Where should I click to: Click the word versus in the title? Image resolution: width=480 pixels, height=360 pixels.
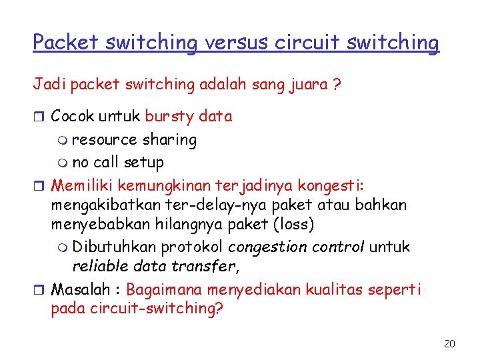click(235, 43)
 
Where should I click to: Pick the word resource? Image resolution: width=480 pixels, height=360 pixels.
click(104, 140)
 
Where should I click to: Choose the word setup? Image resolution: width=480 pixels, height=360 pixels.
click(145, 162)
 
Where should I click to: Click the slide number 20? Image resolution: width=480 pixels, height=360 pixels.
click(449, 344)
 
